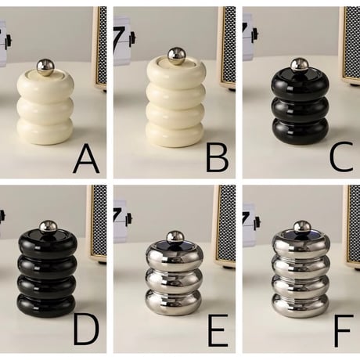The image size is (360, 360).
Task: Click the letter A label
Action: (86, 159)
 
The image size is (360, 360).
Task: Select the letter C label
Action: (341, 157)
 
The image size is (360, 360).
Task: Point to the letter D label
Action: (86, 331)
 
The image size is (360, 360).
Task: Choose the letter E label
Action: (216, 331)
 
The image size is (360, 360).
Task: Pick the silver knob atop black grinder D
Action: (48, 227)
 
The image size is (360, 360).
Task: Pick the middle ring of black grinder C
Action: (300, 108)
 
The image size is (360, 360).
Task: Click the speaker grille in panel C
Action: (352, 41)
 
